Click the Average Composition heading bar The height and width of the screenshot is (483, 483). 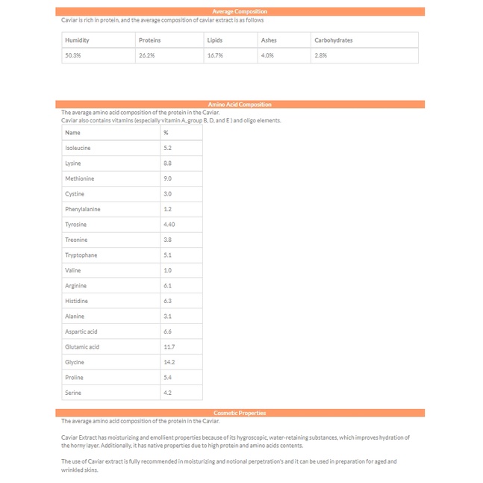pos(240,12)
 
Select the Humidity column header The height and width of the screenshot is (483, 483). pos(77,40)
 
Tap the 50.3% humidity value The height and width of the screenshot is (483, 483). pos(73,55)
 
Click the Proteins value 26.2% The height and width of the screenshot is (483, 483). pos(146,55)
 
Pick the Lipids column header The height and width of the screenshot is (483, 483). pos(214,40)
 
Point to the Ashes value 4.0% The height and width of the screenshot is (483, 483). pos(267,55)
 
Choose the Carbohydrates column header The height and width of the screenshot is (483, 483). pos(333,40)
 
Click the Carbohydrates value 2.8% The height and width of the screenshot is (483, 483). pos(321,55)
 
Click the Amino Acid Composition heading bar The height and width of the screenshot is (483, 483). pos(240,105)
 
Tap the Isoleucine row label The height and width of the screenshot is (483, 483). pos(78,148)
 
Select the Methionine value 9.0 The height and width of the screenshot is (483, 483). pos(167,178)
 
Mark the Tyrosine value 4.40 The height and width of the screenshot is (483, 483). pos(169,225)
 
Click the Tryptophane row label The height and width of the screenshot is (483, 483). pos(81,255)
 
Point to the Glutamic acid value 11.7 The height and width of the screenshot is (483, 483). pos(169,347)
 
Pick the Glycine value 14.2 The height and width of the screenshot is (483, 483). pos(169,362)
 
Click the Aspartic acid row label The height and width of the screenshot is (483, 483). pos(81,331)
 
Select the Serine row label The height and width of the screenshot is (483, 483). pos(73,393)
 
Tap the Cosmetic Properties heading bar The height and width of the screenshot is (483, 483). pos(240,413)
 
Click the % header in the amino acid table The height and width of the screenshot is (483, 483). pos(166,133)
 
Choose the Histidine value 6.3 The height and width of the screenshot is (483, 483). pos(167,301)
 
